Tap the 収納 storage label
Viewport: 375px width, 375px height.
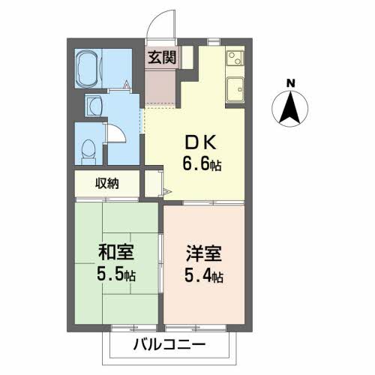106,183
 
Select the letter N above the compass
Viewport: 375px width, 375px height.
290,82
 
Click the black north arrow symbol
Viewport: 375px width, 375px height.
290,107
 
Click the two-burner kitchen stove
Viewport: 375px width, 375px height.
233,57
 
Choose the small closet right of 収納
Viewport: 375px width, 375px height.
153,183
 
